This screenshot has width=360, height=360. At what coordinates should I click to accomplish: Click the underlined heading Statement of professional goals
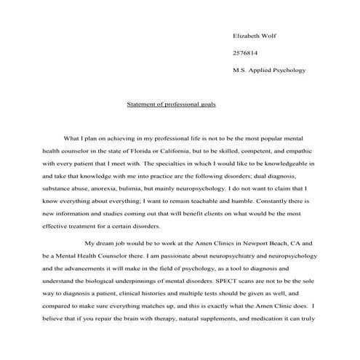click(x=171, y=104)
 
